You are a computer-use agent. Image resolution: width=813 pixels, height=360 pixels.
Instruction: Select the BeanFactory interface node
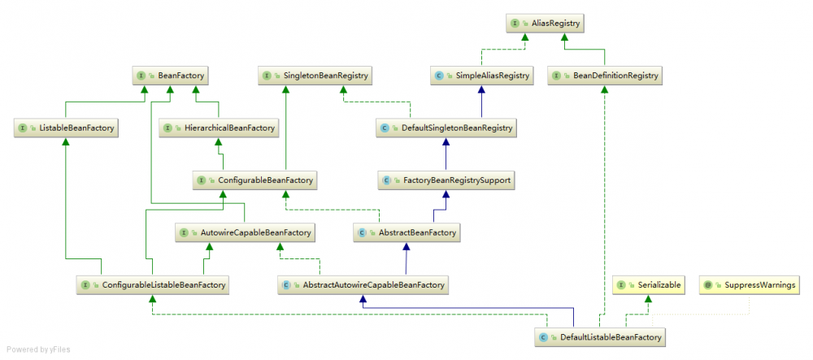coord(171,76)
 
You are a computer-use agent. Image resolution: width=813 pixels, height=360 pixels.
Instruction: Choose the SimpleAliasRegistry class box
coord(482,76)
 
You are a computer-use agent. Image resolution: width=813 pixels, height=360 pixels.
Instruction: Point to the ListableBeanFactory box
coord(66,128)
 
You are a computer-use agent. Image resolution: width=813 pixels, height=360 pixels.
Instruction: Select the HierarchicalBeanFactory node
coord(219,128)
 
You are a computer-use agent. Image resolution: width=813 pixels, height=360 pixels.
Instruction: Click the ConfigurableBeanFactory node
coord(255,180)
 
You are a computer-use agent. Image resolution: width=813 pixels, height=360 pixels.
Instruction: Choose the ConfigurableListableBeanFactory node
coord(153,285)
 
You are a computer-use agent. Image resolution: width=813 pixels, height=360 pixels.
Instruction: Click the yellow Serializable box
coord(649,284)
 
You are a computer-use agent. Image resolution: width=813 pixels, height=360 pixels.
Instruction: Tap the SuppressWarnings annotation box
coord(750,284)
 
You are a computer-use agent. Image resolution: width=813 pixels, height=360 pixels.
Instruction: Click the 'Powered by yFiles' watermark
coord(38,349)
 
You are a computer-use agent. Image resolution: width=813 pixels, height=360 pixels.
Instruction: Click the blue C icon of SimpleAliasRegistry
coord(439,76)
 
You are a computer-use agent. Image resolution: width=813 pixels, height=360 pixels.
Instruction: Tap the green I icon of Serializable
coord(620,285)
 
